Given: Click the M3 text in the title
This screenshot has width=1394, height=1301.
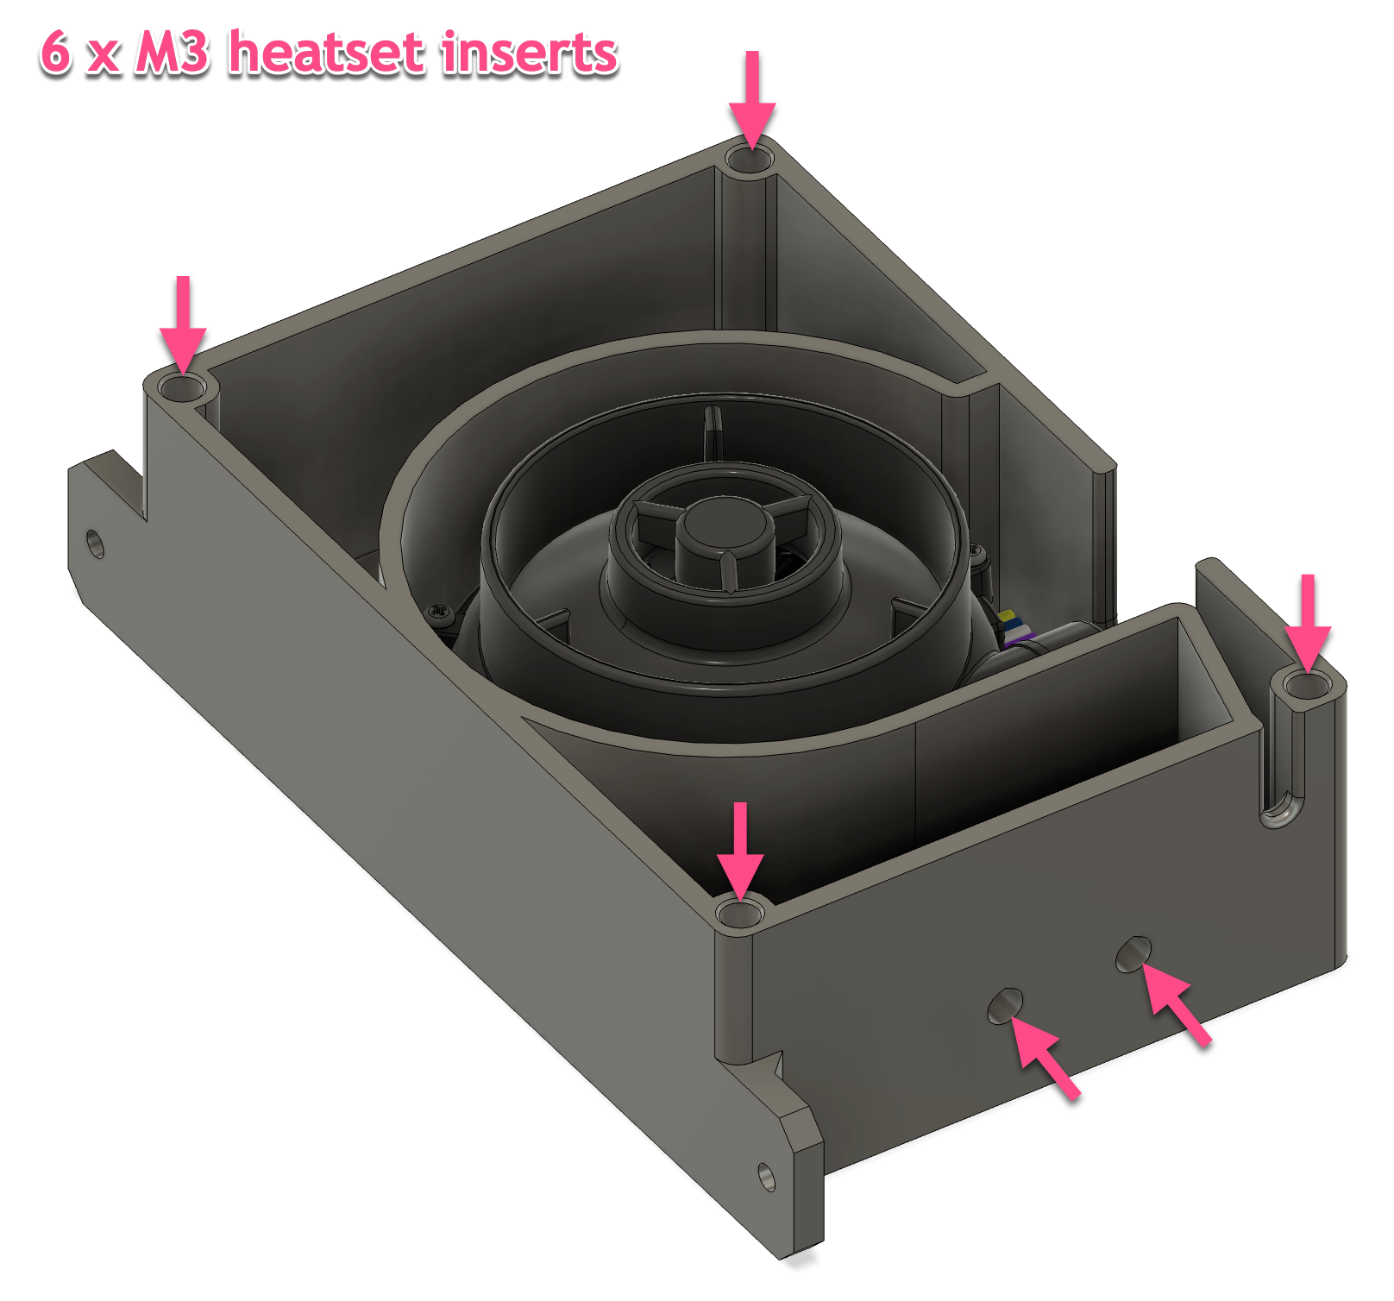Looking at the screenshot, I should point(172,53).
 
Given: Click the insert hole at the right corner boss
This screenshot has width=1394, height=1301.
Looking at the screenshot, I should point(1307,687).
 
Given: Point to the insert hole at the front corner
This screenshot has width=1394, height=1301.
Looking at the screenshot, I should point(740,914).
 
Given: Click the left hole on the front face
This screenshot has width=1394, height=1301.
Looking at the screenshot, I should point(1005,1006).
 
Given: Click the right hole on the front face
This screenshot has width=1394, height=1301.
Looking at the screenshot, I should point(1133,953).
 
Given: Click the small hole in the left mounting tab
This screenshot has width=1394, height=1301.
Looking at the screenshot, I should point(96,544).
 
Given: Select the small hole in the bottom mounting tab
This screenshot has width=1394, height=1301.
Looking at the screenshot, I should point(767,1177).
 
